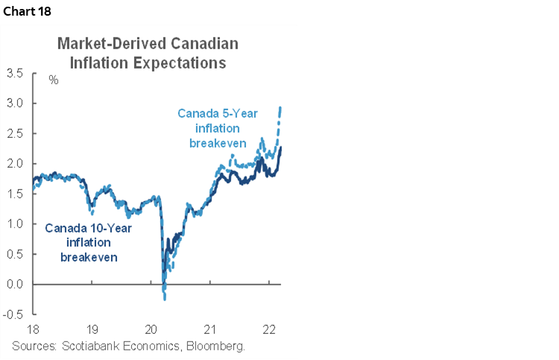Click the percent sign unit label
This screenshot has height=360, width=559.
click(x=54, y=79)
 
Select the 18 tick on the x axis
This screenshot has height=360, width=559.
click(x=34, y=329)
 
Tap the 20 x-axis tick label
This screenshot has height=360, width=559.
click(x=151, y=329)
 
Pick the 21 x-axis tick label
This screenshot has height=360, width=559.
click(x=210, y=329)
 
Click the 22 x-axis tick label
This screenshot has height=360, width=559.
click(x=269, y=329)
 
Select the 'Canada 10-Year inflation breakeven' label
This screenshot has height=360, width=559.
click(x=88, y=242)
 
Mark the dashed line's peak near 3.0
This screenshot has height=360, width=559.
click(x=279, y=108)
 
